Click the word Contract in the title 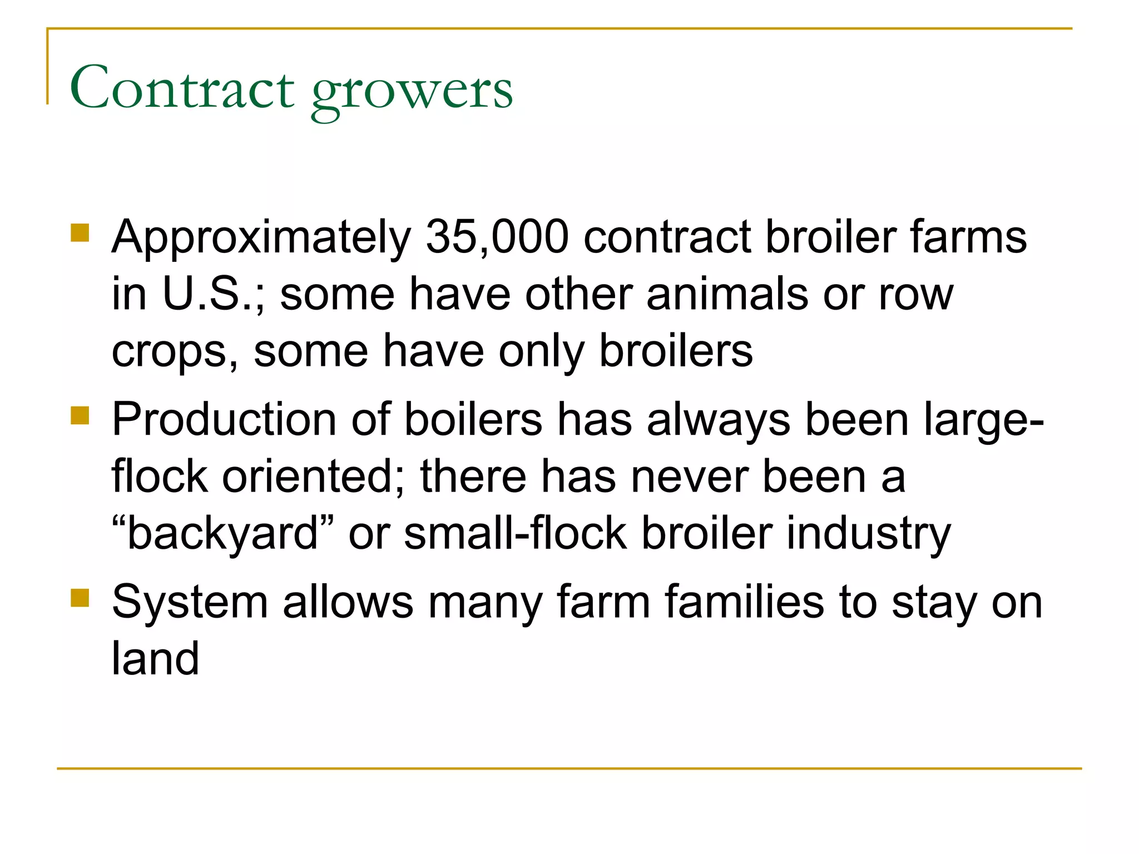182,88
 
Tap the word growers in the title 412,92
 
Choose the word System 190,602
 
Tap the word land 155,658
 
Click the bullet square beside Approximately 80,233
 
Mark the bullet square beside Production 80,415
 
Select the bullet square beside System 80,598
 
